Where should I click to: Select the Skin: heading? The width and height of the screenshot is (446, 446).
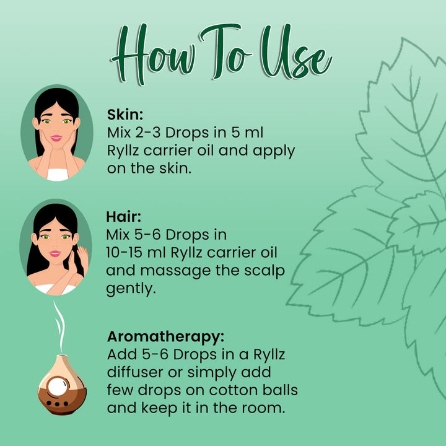coord(125,115)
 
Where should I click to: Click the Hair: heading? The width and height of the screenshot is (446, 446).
coord(123,217)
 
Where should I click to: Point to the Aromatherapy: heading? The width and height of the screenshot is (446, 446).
coord(165,338)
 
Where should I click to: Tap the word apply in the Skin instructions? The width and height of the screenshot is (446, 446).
coord(274,151)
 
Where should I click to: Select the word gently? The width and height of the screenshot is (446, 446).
coord(131,289)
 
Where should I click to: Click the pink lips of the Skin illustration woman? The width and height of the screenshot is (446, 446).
coord(56,138)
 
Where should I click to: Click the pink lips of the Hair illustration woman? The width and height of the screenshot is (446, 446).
coord(55,253)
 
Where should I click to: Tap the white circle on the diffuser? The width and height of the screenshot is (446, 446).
coord(58,387)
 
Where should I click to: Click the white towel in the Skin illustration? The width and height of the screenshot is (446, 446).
coord(58,175)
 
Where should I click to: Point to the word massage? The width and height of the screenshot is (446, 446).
coord(175,271)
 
